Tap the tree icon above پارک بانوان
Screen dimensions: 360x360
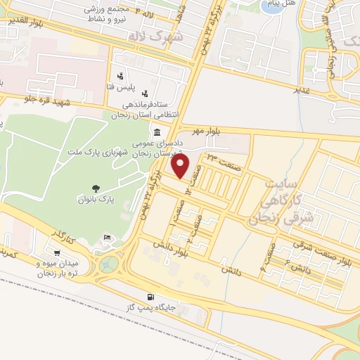[x=96, y=188]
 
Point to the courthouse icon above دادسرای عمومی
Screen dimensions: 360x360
[x=156, y=133]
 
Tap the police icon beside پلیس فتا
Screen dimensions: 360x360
[x=120, y=75]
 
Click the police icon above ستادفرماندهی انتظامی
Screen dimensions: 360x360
[x=145, y=93]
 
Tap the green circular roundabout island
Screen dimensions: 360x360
[x=109, y=264]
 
